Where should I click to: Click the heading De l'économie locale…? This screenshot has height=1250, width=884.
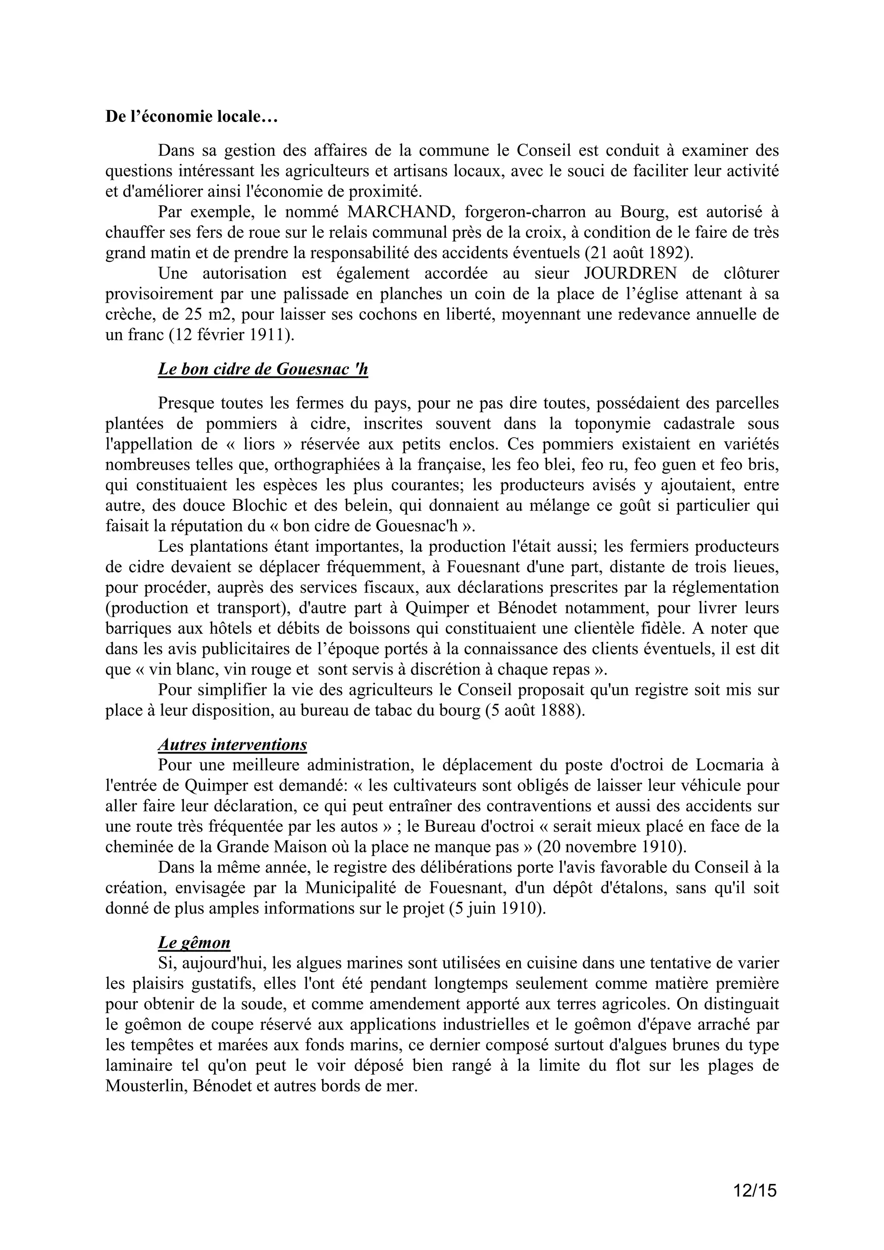click(191, 117)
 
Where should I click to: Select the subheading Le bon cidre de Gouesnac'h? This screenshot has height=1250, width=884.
click(263, 370)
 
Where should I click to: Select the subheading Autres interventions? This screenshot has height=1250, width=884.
click(233, 744)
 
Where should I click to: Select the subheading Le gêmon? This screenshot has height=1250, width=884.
click(194, 942)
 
